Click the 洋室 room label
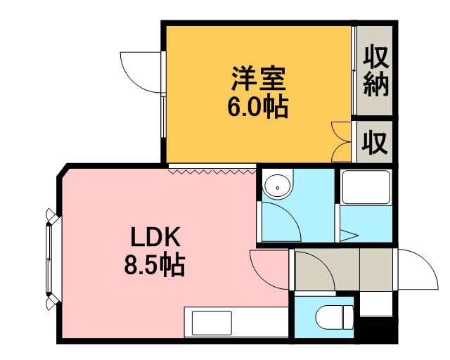click(x=258, y=78)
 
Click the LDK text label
click(x=155, y=237)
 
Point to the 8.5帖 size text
click(x=154, y=264)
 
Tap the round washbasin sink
click(x=277, y=186)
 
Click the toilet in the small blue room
click(x=334, y=318)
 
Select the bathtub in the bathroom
click(x=366, y=187)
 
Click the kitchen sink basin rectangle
click(x=212, y=323)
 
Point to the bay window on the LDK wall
click(x=52, y=259)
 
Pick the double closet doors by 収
click(x=342, y=141)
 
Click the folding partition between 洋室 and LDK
click(x=212, y=172)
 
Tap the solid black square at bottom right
click(x=378, y=330)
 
